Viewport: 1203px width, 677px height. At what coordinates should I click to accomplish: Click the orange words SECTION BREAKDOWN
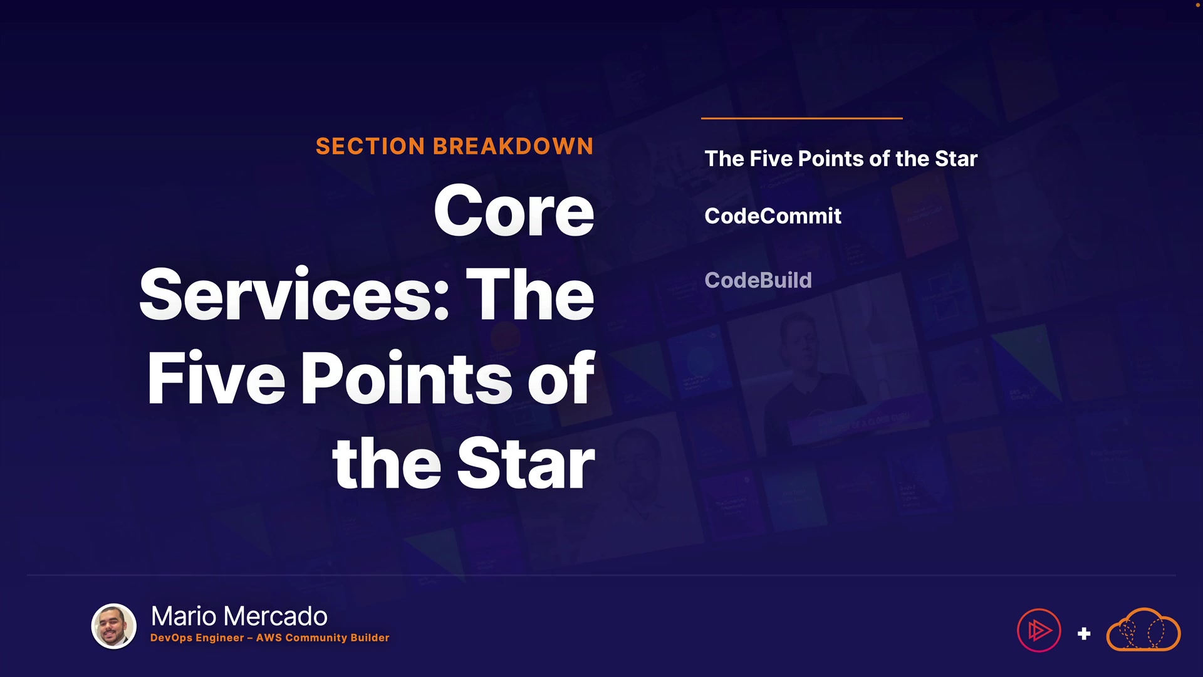(454, 146)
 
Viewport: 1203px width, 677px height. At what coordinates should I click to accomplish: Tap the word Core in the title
(514, 211)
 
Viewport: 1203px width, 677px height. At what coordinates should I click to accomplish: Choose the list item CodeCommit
(773, 216)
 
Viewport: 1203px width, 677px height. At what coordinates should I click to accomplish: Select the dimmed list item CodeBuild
(758, 280)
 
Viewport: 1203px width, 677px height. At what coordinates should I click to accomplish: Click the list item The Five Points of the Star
(841, 159)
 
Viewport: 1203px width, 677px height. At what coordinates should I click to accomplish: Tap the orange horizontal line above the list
(802, 118)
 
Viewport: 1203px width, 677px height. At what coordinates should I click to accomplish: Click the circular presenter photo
(114, 626)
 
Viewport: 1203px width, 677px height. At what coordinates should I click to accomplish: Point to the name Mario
(185, 616)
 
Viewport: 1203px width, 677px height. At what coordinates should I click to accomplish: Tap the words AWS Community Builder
(323, 638)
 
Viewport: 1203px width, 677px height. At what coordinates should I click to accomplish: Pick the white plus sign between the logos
(1084, 634)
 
